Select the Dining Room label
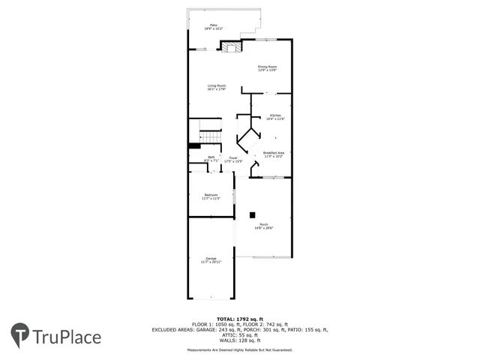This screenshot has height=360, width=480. point(268,67)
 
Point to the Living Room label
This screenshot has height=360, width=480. point(217,86)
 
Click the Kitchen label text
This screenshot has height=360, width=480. point(275,115)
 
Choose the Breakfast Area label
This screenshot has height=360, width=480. point(273,152)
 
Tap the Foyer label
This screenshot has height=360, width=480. point(233,157)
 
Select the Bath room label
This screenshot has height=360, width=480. point(211,157)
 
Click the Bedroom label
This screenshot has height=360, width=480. point(211,195)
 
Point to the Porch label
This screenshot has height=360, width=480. point(264,223)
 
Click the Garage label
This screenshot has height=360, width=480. point(211,259)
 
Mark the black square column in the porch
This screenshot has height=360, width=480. point(253,214)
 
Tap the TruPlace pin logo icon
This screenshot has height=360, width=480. point(20,335)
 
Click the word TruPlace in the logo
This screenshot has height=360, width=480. point(67,337)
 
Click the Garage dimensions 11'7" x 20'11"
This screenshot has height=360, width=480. point(211,262)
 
